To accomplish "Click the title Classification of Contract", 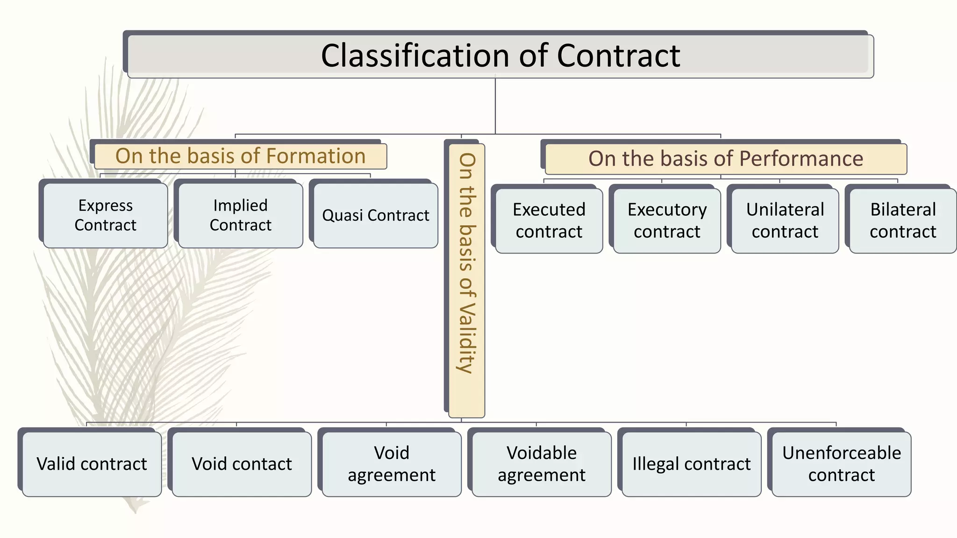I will point(500,56).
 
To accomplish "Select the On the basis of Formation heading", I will point(240,156).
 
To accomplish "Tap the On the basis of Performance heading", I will point(725,159).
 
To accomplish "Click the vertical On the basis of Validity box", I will point(466,280).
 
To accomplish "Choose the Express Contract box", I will point(105,215).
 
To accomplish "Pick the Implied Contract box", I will point(240,215).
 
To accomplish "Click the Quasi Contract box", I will point(375,215).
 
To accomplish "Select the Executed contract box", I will point(549,220).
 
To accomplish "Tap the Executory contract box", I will point(667,220).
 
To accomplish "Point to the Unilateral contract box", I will point(785,220).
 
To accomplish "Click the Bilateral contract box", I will point(903,220).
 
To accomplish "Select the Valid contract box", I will point(92,464).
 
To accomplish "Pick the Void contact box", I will point(242,464).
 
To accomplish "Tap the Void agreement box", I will point(392,464).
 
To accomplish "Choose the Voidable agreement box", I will point(541,464).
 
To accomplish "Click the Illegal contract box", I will point(691,464).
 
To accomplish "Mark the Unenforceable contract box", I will point(841,464).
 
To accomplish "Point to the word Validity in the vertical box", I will point(466,339).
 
